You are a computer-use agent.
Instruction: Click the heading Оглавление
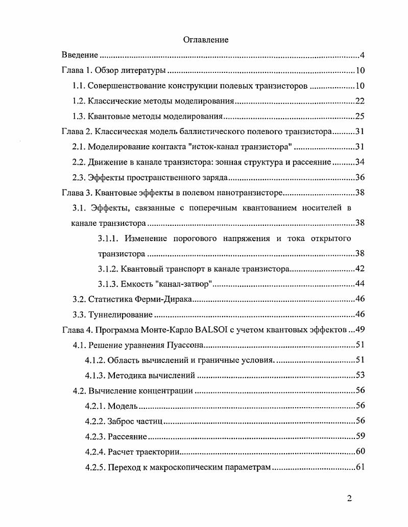tap(206, 39)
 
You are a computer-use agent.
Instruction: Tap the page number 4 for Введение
tap(361, 55)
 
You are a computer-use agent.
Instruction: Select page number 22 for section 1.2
tap(358, 101)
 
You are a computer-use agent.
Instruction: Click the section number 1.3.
tap(79, 117)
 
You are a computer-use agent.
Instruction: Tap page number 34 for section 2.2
tap(358, 163)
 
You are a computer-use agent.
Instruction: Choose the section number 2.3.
tap(79, 178)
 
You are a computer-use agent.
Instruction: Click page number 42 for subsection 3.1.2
tap(358, 269)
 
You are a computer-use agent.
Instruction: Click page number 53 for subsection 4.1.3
tap(358, 376)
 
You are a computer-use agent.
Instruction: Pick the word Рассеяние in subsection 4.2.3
tap(128, 437)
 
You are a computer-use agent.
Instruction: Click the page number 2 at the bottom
tap(349, 498)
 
